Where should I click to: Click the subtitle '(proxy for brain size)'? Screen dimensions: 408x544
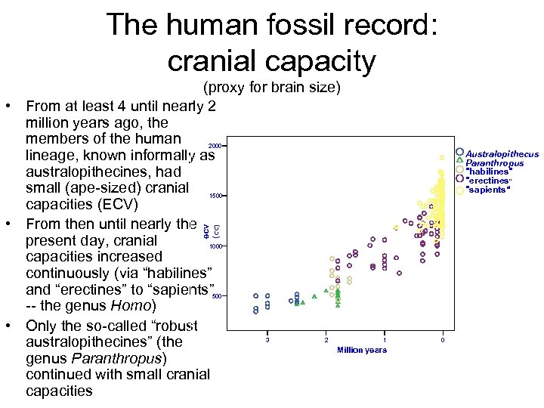pos(271,88)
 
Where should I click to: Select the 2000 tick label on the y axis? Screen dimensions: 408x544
pos(215,145)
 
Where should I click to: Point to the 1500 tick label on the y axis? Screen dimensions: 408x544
pos(215,196)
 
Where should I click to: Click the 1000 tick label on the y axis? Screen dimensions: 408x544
pos(215,246)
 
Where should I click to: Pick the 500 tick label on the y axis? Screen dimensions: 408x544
pos(216,297)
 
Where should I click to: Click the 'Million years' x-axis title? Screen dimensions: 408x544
pos(362,350)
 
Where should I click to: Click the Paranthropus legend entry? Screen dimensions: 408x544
pos(494,163)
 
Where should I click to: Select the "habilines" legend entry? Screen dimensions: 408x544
pos(489,172)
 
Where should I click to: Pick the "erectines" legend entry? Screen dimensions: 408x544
pos(489,181)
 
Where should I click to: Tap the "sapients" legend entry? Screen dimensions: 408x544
pos(488,190)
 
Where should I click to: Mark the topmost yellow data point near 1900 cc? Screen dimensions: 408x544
pos(441,157)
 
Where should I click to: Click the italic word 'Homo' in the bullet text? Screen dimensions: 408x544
pos(135,306)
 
